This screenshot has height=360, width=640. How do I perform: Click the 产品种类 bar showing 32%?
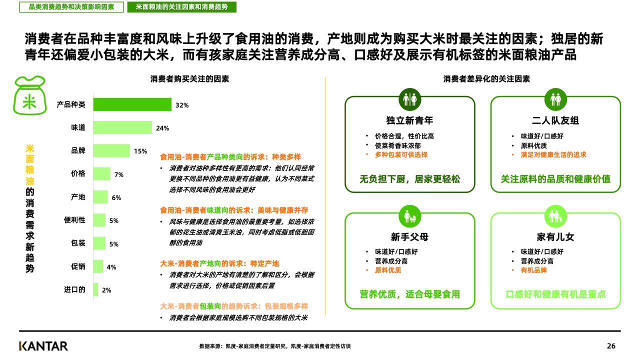click(132, 104)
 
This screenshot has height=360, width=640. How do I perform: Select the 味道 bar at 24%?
click(122, 127)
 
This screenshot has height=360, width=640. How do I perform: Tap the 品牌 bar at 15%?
click(111, 150)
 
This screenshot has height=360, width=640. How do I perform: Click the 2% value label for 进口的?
click(106, 290)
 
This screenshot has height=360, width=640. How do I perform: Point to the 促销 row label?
click(78, 266)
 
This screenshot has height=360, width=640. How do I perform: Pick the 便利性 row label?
click(74, 220)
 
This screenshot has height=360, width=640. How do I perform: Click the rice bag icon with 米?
click(29, 95)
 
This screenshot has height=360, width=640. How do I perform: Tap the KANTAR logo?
click(43, 346)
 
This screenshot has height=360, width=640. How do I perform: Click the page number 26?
click(611, 346)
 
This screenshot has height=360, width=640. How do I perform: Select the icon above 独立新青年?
click(409, 99)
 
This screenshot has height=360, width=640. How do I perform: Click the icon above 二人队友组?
click(555, 99)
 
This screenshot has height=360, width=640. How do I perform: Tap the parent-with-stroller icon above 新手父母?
click(409, 216)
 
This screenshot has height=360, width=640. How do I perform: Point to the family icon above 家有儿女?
click(555, 216)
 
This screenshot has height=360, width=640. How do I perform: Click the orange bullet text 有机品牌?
click(533, 270)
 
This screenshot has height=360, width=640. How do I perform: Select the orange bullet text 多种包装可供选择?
click(401, 155)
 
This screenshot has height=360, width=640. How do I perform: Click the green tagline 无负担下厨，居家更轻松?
click(409, 179)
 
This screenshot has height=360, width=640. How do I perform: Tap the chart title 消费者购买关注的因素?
click(189, 79)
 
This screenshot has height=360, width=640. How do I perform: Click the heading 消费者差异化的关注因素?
click(486, 79)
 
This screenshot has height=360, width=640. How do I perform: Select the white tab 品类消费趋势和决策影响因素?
click(71, 7)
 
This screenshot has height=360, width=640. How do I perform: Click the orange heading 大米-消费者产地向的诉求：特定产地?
click(219, 263)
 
